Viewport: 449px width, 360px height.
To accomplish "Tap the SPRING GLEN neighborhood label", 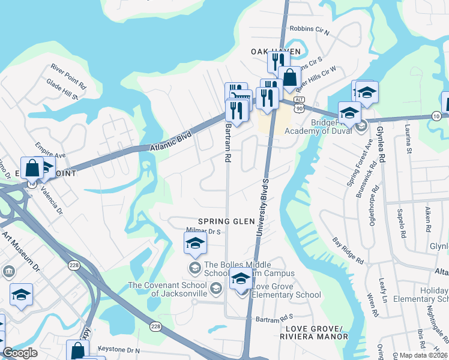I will click(x=218, y=221).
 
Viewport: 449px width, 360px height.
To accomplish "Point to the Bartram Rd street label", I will click(x=228, y=144).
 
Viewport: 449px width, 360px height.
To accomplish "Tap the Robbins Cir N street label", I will click(x=310, y=28).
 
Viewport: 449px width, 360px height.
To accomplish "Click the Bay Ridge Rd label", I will click(x=348, y=251).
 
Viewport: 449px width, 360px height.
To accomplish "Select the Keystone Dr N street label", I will click(x=118, y=349).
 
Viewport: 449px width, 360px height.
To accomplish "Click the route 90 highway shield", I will click(x=298, y=107).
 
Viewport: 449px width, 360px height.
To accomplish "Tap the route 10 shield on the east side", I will click(x=436, y=115).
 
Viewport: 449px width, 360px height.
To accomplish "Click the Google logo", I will click(x=20, y=353).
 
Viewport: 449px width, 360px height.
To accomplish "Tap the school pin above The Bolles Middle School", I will click(x=195, y=244).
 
